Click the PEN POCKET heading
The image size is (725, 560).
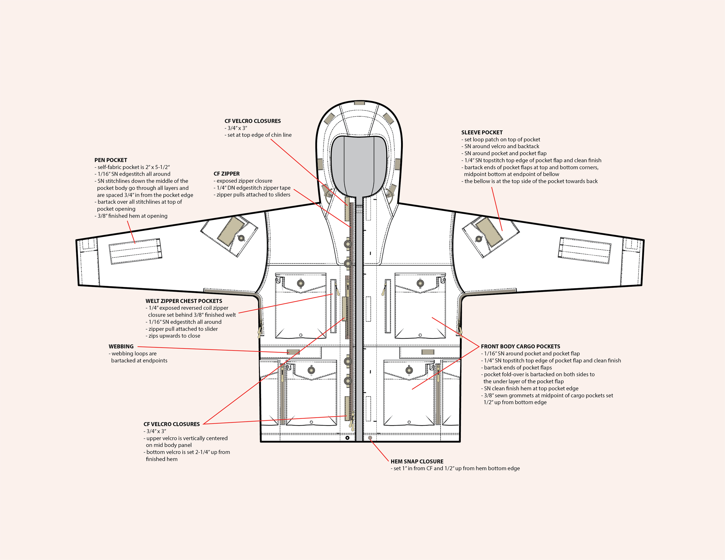110,160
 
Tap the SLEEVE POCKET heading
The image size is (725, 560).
482,132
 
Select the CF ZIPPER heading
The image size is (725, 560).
226,174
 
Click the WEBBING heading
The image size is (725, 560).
121,346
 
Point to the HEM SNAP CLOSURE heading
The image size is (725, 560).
417,461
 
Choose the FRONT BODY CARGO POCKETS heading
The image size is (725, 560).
520,346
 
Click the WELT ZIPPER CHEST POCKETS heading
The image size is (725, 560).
184,301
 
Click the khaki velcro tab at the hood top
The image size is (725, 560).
359,103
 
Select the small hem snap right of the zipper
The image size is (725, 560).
370,438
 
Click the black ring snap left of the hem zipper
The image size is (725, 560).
347,438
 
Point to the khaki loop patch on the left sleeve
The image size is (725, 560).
230,231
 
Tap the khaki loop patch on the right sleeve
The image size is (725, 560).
489,231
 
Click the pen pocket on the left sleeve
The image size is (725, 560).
135,251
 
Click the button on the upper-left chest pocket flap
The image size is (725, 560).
301,283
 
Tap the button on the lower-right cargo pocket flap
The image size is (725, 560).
409,370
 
